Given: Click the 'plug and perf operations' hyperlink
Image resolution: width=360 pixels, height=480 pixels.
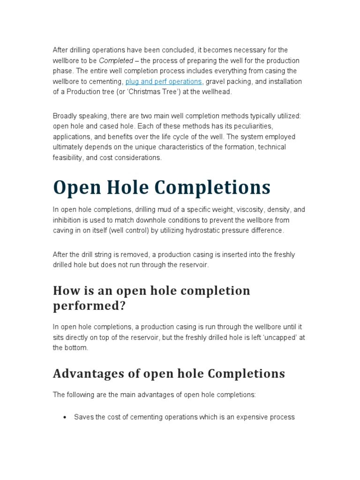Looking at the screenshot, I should point(164,82).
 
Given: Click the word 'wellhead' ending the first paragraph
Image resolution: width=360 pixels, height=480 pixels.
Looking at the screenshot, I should point(216,92).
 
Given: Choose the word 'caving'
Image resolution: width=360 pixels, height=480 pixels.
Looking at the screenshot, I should point(64,230).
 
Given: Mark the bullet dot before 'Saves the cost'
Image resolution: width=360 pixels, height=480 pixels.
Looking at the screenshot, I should point(65,417).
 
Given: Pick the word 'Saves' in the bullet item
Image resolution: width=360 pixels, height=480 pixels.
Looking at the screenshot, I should point(83,417).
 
